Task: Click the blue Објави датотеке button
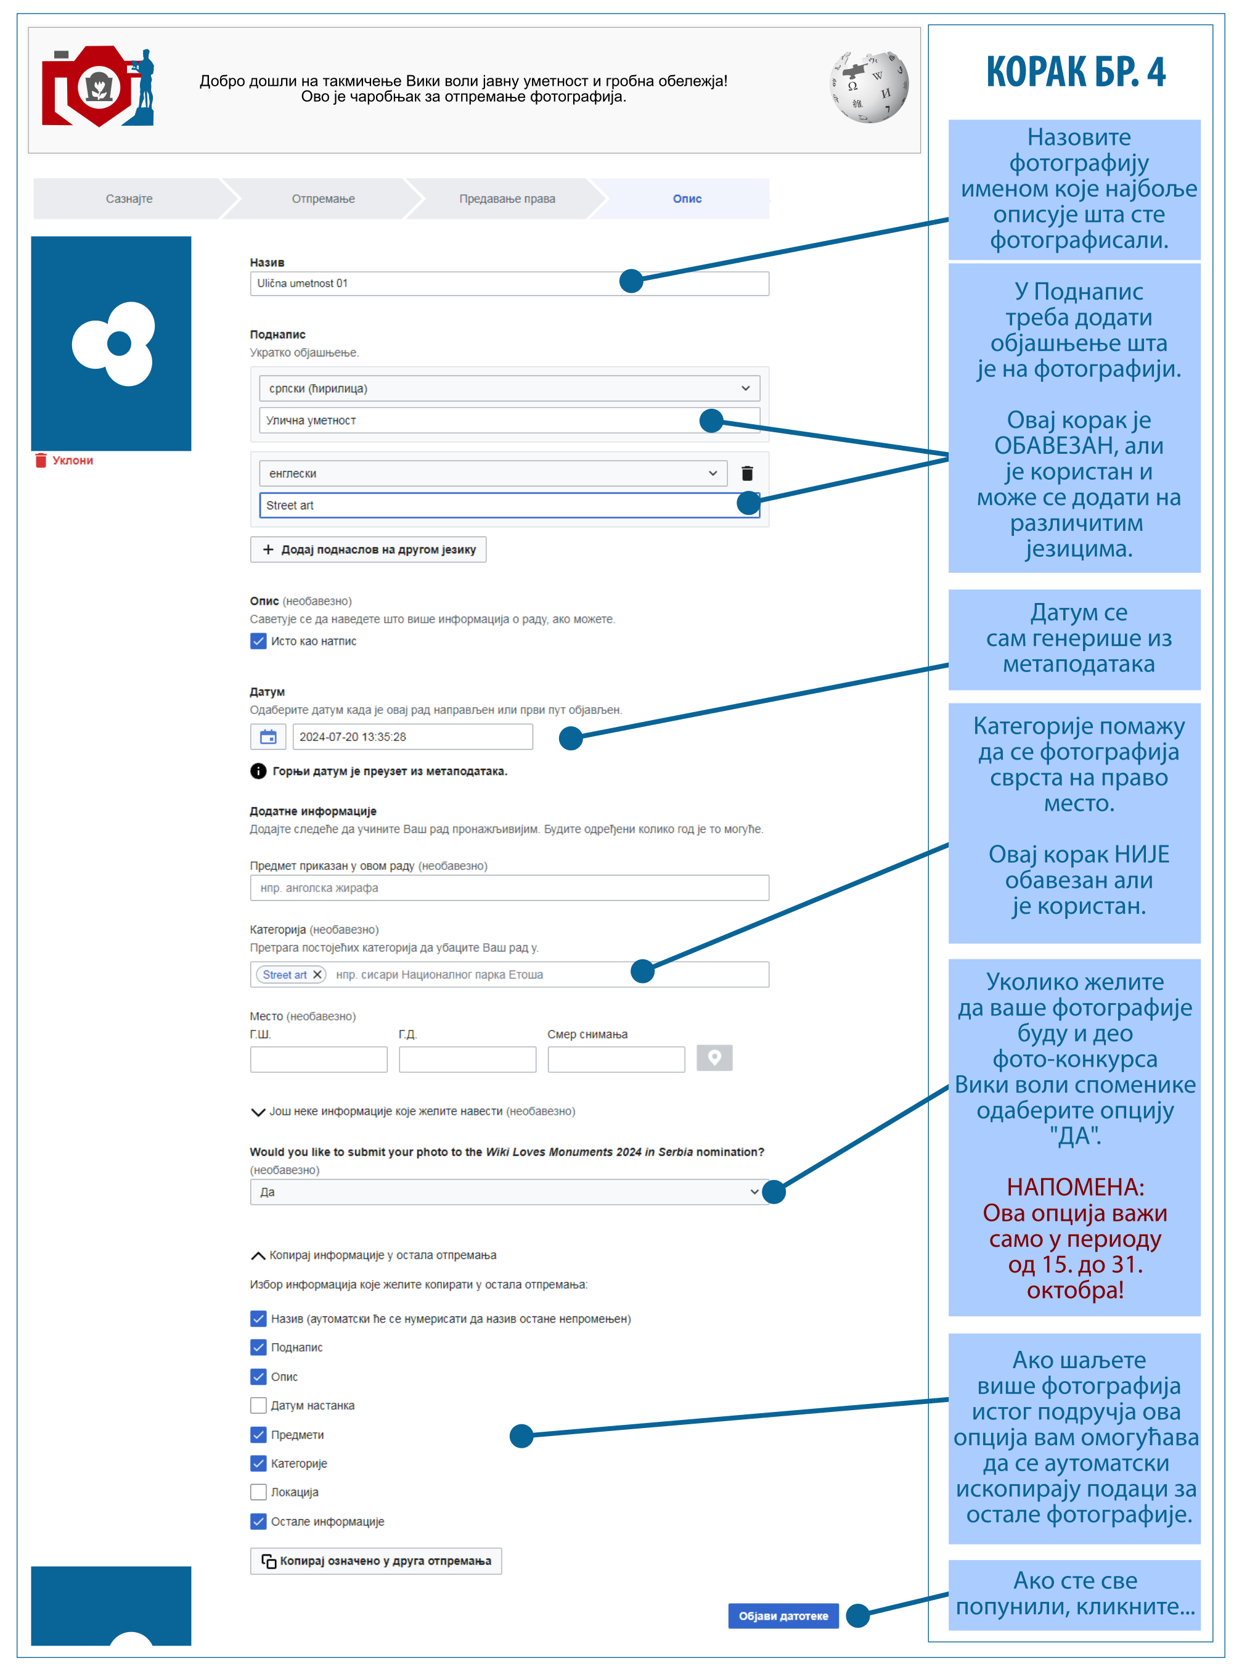[x=783, y=1615]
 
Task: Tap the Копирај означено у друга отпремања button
[x=376, y=1561]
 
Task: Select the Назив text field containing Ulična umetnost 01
[x=436, y=284]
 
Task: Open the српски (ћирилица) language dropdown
[x=509, y=389]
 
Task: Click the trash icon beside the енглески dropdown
[x=747, y=474]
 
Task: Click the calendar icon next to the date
[x=268, y=737]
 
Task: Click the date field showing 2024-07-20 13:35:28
[x=412, y=737]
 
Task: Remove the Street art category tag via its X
[x=317, y=975]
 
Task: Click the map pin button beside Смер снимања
[x=714, y=1058]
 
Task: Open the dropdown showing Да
[x=509, y=1192]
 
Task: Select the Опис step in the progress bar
[x=687, y=199]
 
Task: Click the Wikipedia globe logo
[x=868, y=87]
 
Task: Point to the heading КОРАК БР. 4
[x=1076, y=72]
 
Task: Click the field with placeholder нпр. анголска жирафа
[x=509, y=888]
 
